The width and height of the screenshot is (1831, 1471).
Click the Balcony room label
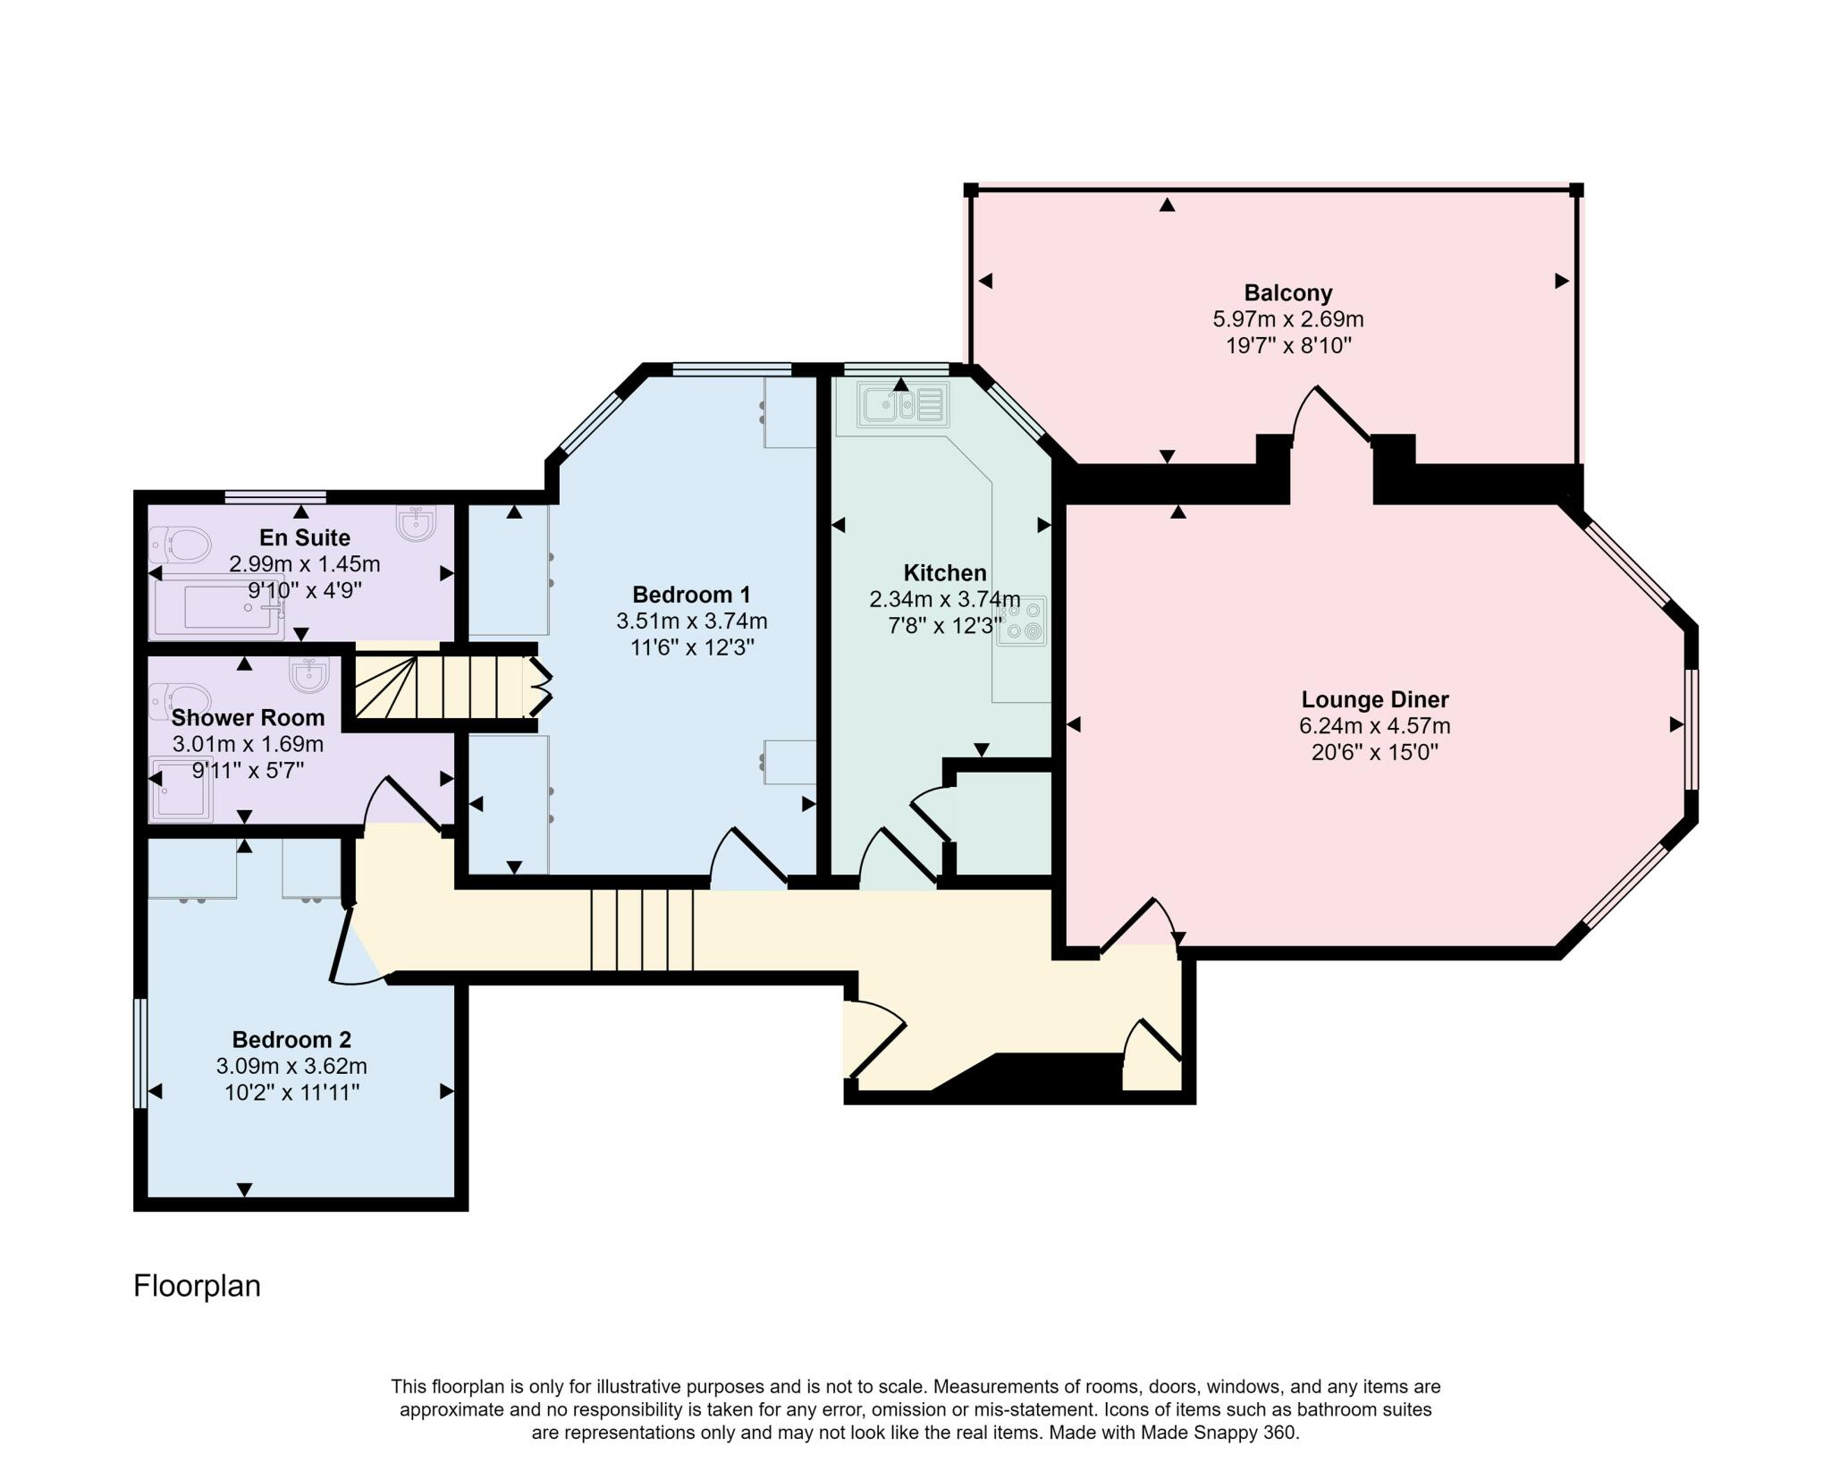pyautogui.click(x=1287, y=292)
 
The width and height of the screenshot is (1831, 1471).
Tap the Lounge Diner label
pyautogui.click(x=1374, y=699)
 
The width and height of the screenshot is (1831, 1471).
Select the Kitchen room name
pyautogui.click(x=945, y=573)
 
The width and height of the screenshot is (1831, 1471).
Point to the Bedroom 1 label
pyautogui.click(x=691, y=595)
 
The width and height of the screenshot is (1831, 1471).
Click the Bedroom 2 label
pyautogui.click(x=291, y=1039)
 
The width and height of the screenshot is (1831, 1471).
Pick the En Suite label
pyautogui.click(x=305, y=537)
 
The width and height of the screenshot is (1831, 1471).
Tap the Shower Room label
pyautogui.click(x=248, y=717)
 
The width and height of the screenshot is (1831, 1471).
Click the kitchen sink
pyautogui.click(x=902, y=405)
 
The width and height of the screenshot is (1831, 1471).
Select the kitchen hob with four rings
pyautogui.click(x=1022, y=621)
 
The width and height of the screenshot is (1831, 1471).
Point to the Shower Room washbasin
pyautogui.click(x=310, y=675)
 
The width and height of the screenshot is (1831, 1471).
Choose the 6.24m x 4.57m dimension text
pyautogui.click(x=1374, y=726)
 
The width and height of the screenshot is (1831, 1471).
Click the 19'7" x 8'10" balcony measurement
pyautogui.click(x=1287, y=345)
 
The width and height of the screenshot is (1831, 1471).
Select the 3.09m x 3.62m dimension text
pyautogui.click(x=291, y=1066)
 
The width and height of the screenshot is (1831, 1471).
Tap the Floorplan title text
pyautogui.click(x=197, y=1286)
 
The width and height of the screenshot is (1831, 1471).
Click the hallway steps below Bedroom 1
pyautogui.click(x=642, y=930)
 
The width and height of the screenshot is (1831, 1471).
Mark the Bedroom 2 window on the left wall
pyautogui.click(x=139, y=1053)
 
